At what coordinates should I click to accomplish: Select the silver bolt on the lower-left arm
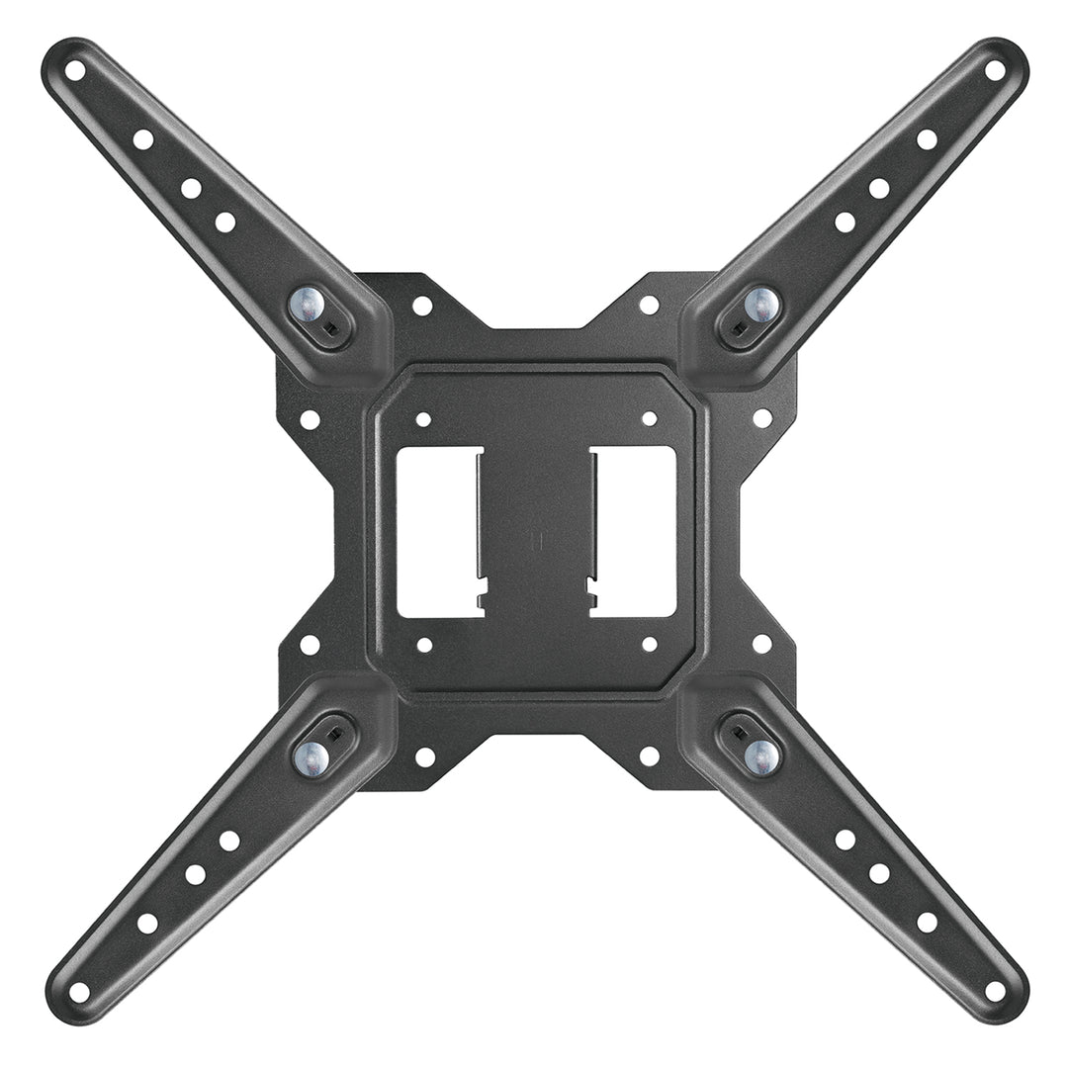(x=311, y=757)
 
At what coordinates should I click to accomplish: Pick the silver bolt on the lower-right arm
(x=760, y=756)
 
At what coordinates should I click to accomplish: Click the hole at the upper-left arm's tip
(x=75, y=70)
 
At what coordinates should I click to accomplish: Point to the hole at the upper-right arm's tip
(x=995, y=69)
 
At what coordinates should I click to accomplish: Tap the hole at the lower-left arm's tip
(x=79, y=991)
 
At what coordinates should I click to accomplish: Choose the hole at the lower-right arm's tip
(x=995, y=990)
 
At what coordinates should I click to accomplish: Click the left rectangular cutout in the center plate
(x=438, y=532)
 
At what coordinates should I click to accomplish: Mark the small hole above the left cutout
(x=423, y=419)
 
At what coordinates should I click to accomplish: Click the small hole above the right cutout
(x=650, y=419)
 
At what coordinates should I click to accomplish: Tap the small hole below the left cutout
(x=423, y=645)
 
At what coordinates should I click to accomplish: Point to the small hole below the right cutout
(x=650, y=645)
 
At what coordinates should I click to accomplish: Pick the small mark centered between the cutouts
(x=535, y=541)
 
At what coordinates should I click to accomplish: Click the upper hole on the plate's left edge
(x=310, y=419)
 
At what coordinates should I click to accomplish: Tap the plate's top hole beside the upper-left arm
(x=422, y=306)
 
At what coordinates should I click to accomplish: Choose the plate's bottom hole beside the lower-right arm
(x=650, y=756)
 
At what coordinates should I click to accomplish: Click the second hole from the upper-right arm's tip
(x=927, y=139)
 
